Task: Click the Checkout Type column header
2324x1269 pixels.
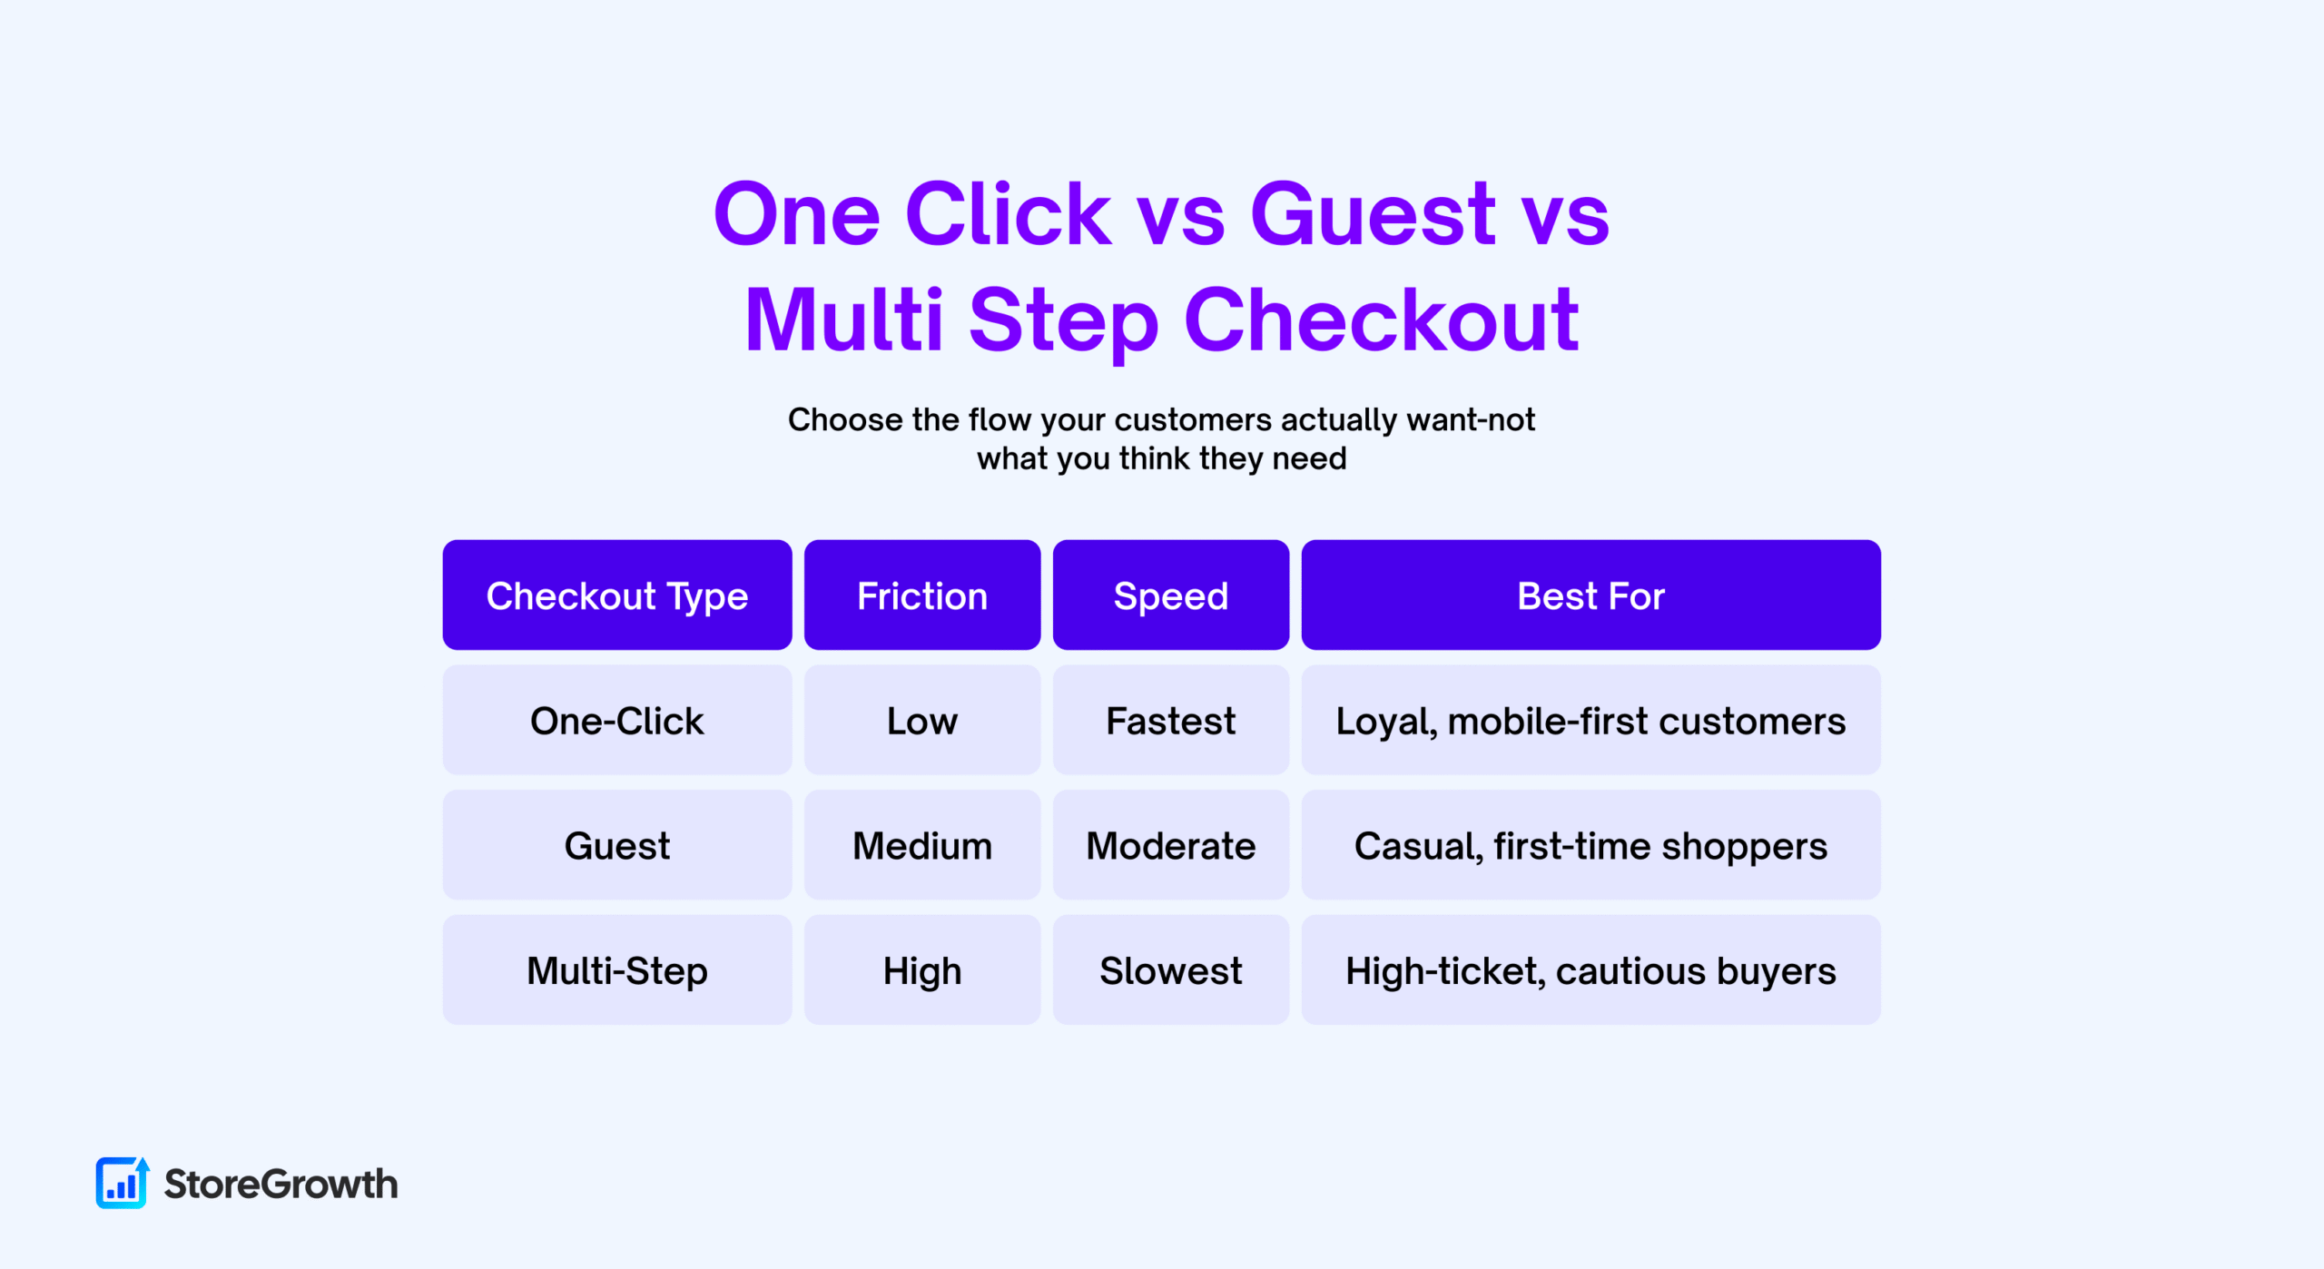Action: [617, 595]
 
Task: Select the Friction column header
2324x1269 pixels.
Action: [922, 595]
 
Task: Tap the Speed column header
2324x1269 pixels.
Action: [1171, 595]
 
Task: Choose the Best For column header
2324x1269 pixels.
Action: [1590, 595]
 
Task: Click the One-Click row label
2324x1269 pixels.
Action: [617, 720]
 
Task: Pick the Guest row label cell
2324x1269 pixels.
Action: [617, 845]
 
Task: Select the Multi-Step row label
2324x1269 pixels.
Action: [617, 970]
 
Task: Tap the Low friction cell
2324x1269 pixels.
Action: [922, 720]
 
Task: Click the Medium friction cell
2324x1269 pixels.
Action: [922, 845]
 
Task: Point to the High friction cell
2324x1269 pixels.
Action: [922, 970]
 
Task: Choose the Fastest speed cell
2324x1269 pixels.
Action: [1171, 720]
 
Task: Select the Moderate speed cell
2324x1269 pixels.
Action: [1171, 845]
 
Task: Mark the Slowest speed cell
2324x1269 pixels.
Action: [1171, 970]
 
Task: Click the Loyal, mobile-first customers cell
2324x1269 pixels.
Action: [1590, 720]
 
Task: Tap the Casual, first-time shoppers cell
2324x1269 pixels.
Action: [1590, 845]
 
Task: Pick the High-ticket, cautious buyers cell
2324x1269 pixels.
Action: [1590, 970]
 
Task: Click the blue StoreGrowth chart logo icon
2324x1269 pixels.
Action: [122, 1183]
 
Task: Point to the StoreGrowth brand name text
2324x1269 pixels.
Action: [281, 1184]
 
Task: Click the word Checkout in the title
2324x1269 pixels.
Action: [1382, 320]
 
